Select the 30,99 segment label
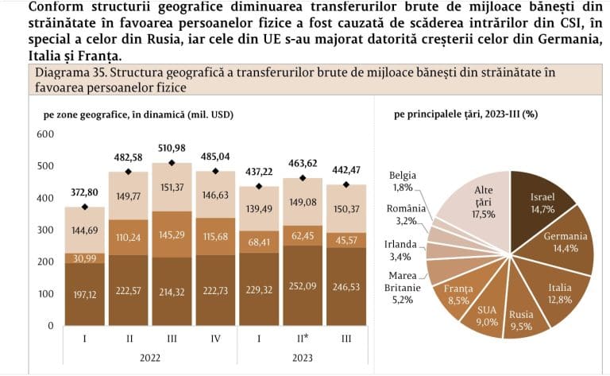click(x=84, y=259)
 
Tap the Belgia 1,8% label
click(x=403, y=181)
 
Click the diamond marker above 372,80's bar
click(x=84, y=207)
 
